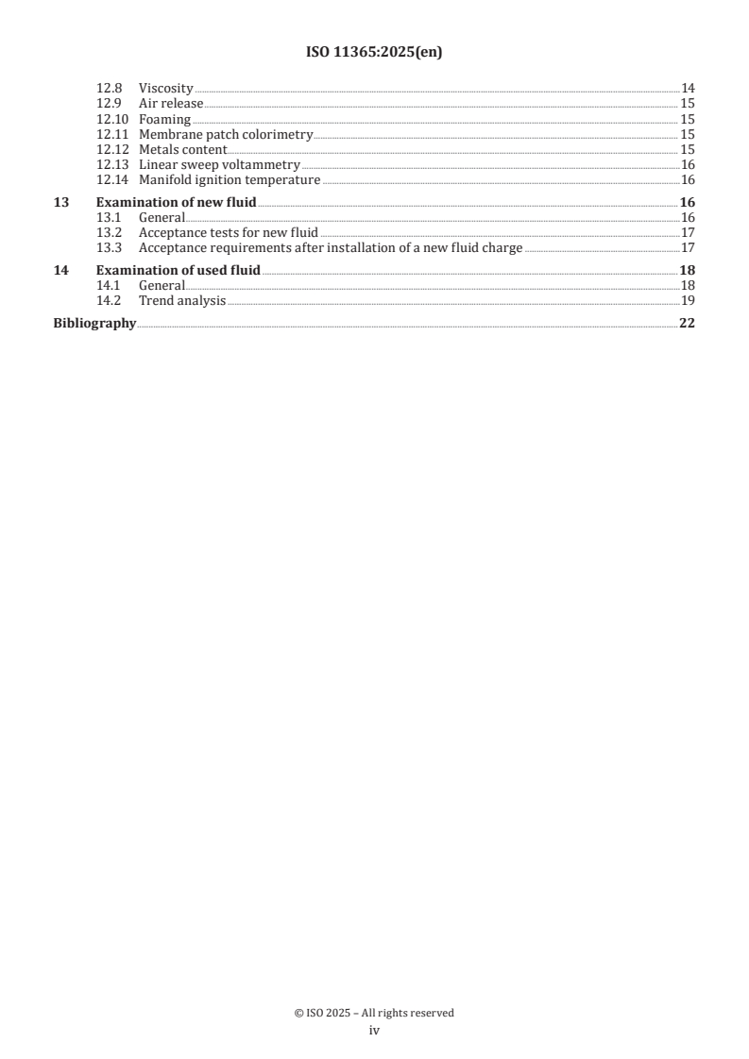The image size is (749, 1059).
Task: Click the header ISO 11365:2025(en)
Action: tap(374, 53)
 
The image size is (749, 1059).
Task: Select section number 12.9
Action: tap(110, 103)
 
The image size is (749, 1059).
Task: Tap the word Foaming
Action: tap(164, 119)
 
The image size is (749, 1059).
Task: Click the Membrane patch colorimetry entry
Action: tap(225, 134)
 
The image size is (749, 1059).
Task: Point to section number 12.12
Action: tap(113, 149)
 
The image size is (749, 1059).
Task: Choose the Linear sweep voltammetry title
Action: tap(219, 164)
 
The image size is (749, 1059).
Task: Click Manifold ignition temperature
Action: tap(230, 179)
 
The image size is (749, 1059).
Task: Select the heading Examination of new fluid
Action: tap(176, 202)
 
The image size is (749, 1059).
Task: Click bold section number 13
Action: tap(60, 202)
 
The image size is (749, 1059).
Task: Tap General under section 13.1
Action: tap(162, 217)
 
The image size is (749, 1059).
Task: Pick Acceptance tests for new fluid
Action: tap(229, 232)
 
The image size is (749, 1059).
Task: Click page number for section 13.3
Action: tap(688, 247)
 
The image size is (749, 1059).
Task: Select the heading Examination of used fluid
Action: tap(179, 270)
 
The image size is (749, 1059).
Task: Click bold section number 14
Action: tap(60, 270)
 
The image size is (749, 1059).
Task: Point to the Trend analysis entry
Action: tap(182, 300)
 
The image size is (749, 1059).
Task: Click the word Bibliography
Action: tap(94, 323)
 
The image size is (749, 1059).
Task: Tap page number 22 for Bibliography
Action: tap(688, 323)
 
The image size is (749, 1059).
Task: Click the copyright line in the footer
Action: tap(374, 1013)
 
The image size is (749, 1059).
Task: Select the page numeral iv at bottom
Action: tap(374, 1031)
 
